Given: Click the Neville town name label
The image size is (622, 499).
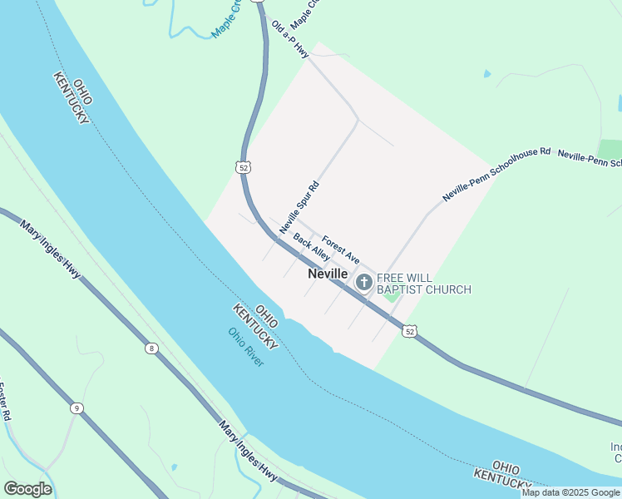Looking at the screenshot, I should click(328, 273).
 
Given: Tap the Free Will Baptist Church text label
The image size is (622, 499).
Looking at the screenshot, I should click(424, 284).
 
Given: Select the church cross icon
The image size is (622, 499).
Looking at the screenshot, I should click(363, 283).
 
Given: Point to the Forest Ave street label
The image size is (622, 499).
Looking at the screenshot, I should click(341, 249).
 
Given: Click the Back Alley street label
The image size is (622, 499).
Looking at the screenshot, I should click(312, 247).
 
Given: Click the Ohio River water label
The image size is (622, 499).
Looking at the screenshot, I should click(246, 348).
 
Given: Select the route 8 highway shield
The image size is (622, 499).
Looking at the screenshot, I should click(151, 348).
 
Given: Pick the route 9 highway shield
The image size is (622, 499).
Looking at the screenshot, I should click(77, 408).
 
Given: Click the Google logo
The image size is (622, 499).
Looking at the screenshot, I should click(27, 489).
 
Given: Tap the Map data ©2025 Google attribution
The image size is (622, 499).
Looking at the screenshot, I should click(571, 492).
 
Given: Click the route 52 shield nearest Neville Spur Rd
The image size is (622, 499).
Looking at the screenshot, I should click(243, 167).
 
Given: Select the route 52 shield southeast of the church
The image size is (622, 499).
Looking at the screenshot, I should click(408, 331).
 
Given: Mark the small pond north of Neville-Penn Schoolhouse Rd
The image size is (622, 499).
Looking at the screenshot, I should click(486, 74).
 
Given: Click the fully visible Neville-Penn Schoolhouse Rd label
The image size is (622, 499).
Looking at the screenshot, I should click(496, 175).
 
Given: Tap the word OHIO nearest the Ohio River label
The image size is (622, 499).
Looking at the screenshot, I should click(267, 314).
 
